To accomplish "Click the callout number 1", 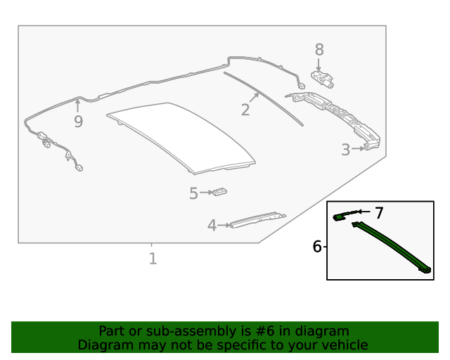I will [x=153, y=259].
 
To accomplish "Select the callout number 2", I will [x=245, y=110].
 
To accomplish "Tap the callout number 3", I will [x=346, y=150].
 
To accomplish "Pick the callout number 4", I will [x=212, y=226].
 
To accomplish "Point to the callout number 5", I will [x=193, y=193].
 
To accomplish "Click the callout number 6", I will [x=317, y=247].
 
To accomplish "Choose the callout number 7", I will [x=379, y=212].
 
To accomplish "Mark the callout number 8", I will [x=319, y=50].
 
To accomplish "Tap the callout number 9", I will [x=78, y=122].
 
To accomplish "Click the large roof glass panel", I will [x=179, y=137].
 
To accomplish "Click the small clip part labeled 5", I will [x=221, y=192].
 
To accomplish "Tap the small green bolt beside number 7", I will [x=342, y=217].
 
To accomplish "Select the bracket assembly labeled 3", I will [x=337, y=116].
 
